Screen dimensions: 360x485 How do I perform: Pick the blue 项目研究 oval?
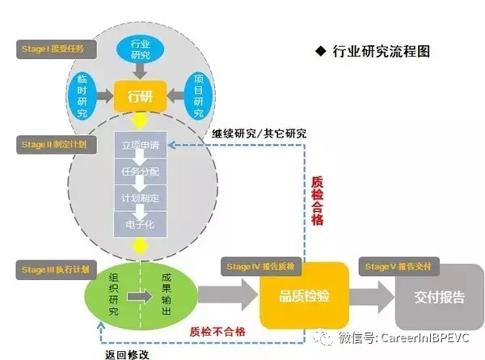pos(199,95)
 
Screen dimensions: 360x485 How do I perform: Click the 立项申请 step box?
pos(141,146)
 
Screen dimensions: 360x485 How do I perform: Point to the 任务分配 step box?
pos(141,172)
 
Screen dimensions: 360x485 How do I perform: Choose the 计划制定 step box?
pos(141,197)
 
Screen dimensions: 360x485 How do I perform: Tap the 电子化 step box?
pos(141,221)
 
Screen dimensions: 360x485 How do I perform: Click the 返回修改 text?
pos(127,354)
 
